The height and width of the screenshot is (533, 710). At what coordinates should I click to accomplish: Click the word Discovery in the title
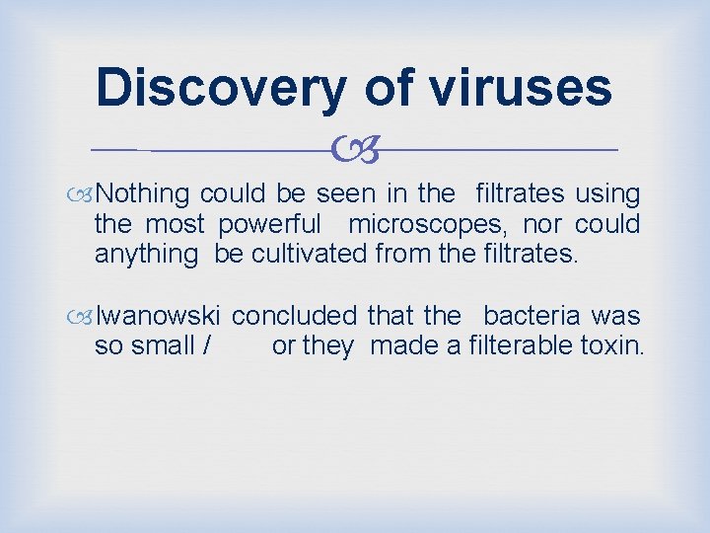pos(221,86)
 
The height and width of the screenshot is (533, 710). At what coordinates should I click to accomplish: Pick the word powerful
pos(269,224)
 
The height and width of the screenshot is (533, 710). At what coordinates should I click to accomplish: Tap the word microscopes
pos(423,224)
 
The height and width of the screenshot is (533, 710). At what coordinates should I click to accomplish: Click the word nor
pos(540,224)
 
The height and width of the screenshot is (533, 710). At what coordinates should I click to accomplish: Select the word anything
pos(146,254)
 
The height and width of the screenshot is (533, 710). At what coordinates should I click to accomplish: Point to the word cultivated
pos(309,254)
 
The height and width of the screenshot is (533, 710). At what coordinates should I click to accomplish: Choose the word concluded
pos(294,317)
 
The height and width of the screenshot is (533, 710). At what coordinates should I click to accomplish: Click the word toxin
pos(615,346)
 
